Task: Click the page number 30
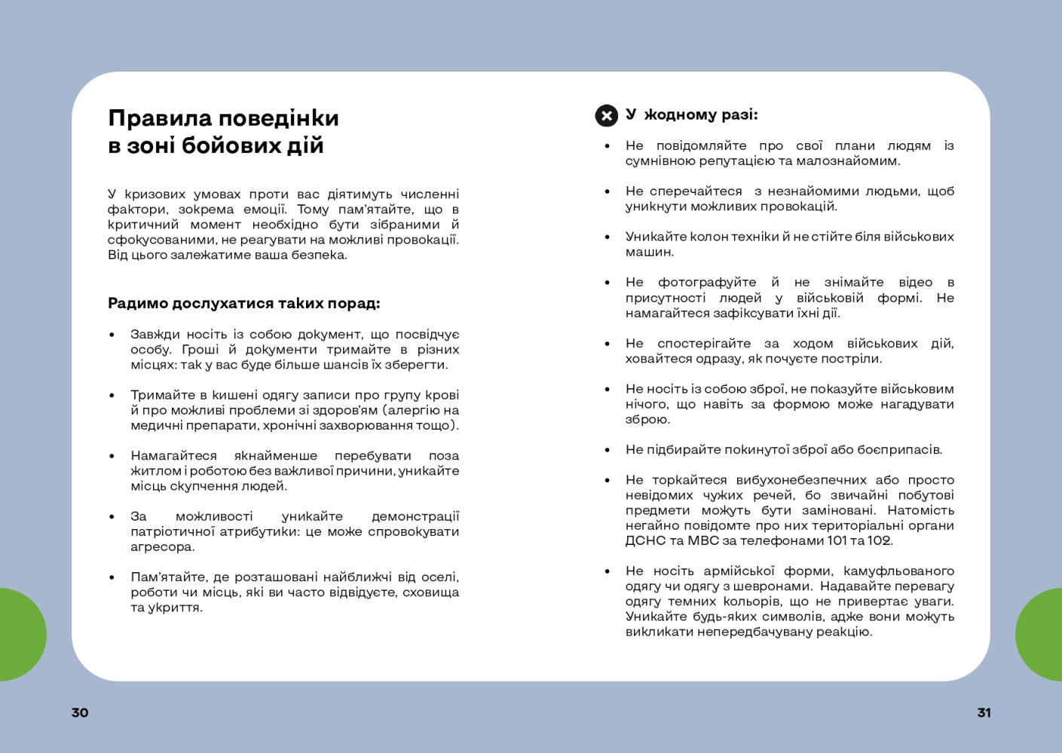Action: pos(80,712)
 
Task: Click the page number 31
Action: pos(984,712)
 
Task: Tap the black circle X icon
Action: pos(606,115)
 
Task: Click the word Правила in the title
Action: pos(160,118)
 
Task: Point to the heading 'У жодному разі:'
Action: pos(691,115)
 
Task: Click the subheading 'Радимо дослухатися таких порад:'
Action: pos(243,303)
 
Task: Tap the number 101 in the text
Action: pos(837,540)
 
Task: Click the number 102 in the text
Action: pos(879,540)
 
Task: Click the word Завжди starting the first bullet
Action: pos(155,334)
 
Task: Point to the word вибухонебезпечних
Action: pos(791,479)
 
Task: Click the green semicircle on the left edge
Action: pos(21,635)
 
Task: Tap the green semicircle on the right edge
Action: pos(1040,635)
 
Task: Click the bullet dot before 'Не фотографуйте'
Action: pos(607,283)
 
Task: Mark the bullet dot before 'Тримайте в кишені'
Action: pos(112,395)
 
